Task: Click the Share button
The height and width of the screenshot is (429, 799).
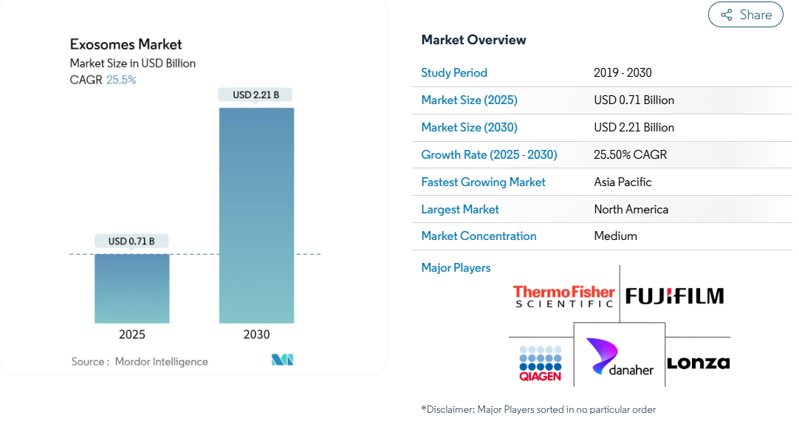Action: [746, 14]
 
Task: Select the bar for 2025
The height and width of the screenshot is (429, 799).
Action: [132, 289]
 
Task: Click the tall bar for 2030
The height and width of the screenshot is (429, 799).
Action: [256, 216]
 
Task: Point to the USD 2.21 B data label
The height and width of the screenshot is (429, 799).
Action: [256, 95]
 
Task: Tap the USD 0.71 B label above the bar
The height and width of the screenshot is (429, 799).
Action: [131, 241]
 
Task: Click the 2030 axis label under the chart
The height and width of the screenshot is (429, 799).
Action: [256, 334]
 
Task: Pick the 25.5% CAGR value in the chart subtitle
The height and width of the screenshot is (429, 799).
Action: [121, 80]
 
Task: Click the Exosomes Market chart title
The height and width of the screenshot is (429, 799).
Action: [126, 44]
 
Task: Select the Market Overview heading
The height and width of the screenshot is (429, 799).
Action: [473, 40]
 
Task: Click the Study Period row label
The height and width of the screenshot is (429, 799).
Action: [454, 73]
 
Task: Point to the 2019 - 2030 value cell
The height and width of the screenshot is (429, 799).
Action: [623, 73]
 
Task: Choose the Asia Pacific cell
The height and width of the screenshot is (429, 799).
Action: [623, 182]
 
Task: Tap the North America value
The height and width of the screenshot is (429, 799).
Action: [631, 210]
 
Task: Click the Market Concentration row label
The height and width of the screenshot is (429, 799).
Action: [479, 236]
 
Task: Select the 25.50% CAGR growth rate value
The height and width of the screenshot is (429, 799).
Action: [631, 154]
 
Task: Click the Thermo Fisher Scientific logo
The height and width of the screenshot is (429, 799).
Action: [563, 297]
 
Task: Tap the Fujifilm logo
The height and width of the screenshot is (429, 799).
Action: [675, 296]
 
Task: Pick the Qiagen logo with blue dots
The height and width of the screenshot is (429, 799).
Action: [540, 363]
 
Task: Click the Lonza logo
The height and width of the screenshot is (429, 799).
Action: [699, 363]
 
